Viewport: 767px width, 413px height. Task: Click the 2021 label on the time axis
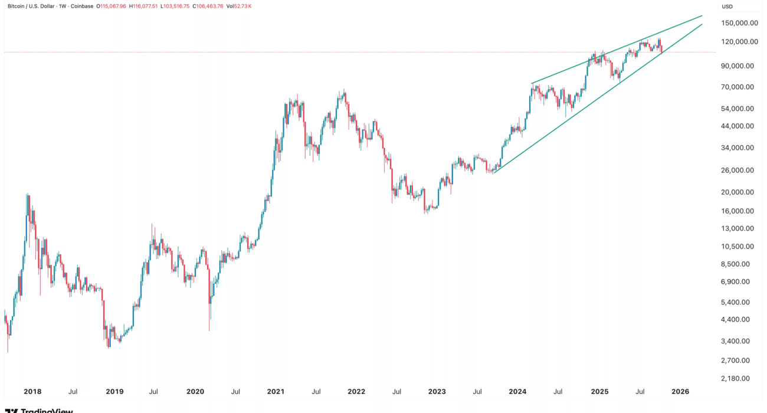(276, 392)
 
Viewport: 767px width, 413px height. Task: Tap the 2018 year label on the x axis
(32, 392)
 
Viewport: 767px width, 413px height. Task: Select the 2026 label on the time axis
(680, 392)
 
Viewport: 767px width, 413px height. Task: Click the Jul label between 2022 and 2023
(397, 392)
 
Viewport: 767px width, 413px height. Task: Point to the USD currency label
(727, 6)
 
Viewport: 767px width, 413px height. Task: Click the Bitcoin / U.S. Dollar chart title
(32, 6)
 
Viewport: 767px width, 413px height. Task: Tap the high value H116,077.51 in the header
(136, 6)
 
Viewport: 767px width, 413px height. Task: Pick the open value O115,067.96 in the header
(101, 6)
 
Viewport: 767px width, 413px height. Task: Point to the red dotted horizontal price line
(354, 52)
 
